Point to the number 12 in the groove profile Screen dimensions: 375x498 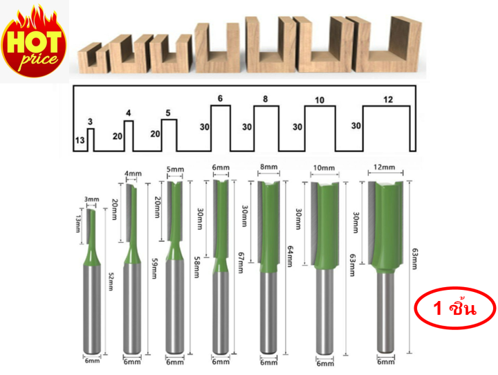tap(387, 100)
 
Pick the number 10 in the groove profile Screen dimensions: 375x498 tap(319, 101)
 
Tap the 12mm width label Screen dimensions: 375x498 tap(382, 167)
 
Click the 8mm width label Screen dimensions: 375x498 tap(269, 167)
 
